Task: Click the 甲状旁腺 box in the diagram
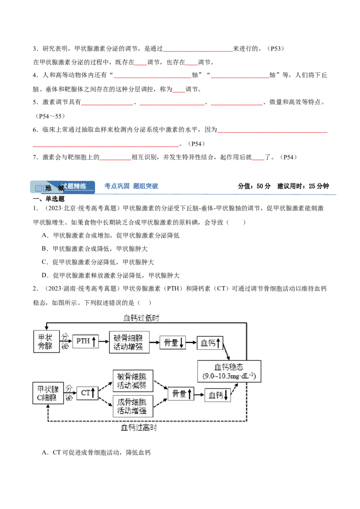(x=46, y=341)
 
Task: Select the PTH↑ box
(x=85, y=341)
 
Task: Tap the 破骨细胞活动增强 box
(x=129, y=342)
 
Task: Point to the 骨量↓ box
(x=172, y=343)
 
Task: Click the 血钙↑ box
(x=210, y=343)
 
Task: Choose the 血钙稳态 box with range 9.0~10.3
(x=229, y=371)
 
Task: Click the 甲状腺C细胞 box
(x=48, y=393)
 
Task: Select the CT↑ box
(x=87, y=393)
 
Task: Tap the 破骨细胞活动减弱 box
(x=133, y=381)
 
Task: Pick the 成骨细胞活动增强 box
(x=133, y=406)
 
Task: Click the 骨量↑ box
(x=181, y=393)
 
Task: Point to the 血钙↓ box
(x=218, y=395)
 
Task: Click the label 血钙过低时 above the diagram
(x=141, y=318)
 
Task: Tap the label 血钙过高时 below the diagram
(x=139, y=428)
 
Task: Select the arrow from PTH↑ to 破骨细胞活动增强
(x=104, y=341)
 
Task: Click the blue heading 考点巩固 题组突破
(x=131, y=186)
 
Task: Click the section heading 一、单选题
(x=49, y=199)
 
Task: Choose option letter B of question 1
(x=45, y=249)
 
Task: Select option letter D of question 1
(x=45, y=275)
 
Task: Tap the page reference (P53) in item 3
(x=276, y=49)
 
